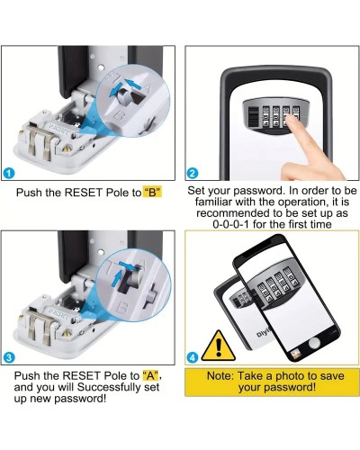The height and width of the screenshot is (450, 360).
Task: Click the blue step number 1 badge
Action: pyautogui.click(x=10, y=173)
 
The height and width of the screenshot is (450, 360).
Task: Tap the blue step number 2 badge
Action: pyautogui.click(x=193, y=173)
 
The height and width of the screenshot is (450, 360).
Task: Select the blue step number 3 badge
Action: pyautogui.click(x=9, y=357)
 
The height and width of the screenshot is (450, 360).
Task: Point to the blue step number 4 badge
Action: pyautogui.click(x=193, y=357)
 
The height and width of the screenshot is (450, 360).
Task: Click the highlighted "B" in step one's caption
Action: pyautogui.click(x=152, y=193)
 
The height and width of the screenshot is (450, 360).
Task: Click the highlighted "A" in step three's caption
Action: pyautogui.click(x=152, y=375)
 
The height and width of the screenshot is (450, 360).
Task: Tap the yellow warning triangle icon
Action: pyautogui.click(x=219, y=346)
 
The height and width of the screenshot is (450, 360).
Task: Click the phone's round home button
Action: pyautogui.click(x=314, y=342)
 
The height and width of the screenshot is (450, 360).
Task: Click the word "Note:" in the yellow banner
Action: pyautogui.click(x=220, y=376)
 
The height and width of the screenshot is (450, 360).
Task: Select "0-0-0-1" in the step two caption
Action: pyautogui.click(x=230, y=224)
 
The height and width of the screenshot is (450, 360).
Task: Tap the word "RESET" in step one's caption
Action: pyautogui.click(x=84, y=193)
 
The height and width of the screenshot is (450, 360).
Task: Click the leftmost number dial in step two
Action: pyautogui.click(x=266, y=117)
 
